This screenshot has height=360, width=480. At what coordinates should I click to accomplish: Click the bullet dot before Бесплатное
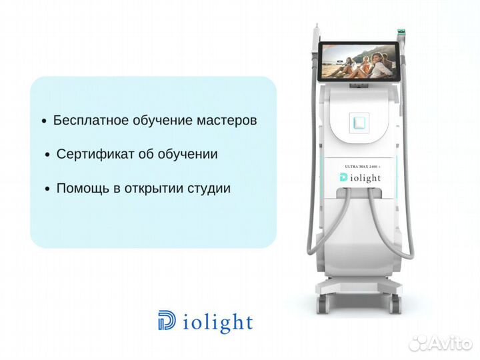pos(44,122)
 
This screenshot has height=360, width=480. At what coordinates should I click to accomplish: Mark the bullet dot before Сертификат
pos(47,155)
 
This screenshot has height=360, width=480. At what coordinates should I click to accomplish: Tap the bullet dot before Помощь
pos(47,189)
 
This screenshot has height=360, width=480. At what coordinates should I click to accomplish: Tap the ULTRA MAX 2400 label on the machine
pos(363,165)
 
